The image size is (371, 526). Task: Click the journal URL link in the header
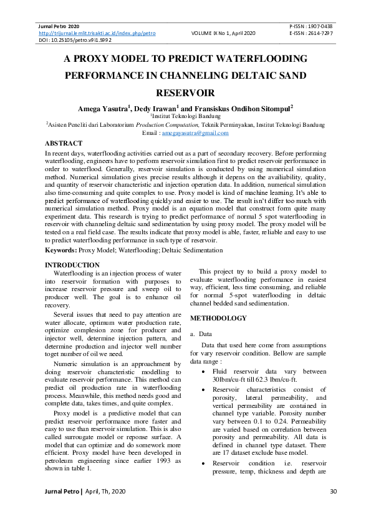click(97, 32)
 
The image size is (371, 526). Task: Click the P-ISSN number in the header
click(311, 26)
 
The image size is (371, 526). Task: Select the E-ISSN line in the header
click(311, 32)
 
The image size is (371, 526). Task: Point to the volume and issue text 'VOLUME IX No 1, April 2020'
click(223, 32)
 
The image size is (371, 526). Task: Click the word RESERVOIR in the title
click(185, 92)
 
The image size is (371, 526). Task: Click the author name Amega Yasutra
click(101, 107)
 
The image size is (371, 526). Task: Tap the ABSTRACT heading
click(64, 143)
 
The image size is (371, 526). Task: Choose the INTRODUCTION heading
click(72, 265)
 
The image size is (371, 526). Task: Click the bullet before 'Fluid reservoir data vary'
click(205, 371)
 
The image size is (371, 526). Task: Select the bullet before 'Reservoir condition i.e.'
click(205, 463)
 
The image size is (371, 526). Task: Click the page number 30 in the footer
click(332, 510)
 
